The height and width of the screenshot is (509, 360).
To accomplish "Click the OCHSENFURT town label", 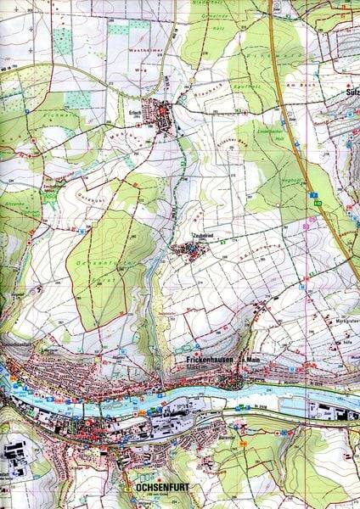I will click(x=158, y=489).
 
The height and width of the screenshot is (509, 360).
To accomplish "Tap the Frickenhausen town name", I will click(x=200, y=360).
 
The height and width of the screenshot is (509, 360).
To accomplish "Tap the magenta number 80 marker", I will click(x=306, y=226).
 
